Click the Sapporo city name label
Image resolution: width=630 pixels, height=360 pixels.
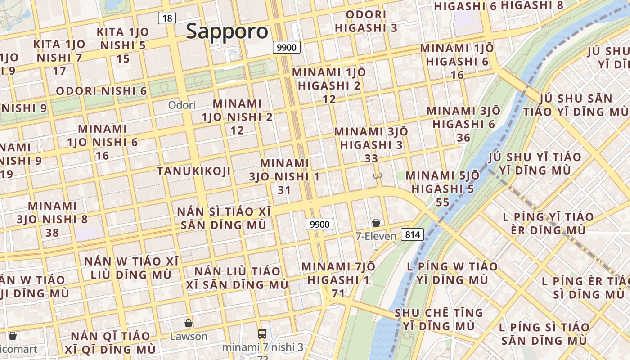click(227, 31)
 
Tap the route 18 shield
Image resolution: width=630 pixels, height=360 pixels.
click(166, 18)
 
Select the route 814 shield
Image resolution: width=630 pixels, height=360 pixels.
click(412, 234)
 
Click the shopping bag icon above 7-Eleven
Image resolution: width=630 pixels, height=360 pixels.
click(376, 223)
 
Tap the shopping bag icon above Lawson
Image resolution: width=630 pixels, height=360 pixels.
click(189, 323)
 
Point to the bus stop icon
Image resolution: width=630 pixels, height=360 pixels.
click(262, 334)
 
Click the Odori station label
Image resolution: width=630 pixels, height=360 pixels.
click(182, 105)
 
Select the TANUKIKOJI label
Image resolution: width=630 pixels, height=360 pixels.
click(194, 171)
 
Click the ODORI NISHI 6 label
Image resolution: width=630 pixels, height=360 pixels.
click(101, 91)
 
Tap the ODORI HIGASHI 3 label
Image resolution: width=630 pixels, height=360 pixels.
click(366, 21)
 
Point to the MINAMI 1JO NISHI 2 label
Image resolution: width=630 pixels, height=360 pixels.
click(237, 117)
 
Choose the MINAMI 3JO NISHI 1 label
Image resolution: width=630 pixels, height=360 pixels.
click(284, 176)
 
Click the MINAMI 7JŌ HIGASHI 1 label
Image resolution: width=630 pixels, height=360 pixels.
click(338, 280)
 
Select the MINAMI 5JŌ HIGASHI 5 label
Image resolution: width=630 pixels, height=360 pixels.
click(443, 189)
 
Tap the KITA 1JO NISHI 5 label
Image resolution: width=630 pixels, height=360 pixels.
click(123, 45)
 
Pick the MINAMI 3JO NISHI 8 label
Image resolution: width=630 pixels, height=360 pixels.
click(52, 219)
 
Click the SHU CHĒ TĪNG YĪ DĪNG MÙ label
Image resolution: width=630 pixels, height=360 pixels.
click(438, 319)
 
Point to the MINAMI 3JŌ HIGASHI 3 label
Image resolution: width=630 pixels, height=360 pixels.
click(371, 145)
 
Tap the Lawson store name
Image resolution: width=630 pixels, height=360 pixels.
click(189, 337)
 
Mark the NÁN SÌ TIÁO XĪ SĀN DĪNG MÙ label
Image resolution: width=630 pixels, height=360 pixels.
click(224, 218)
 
